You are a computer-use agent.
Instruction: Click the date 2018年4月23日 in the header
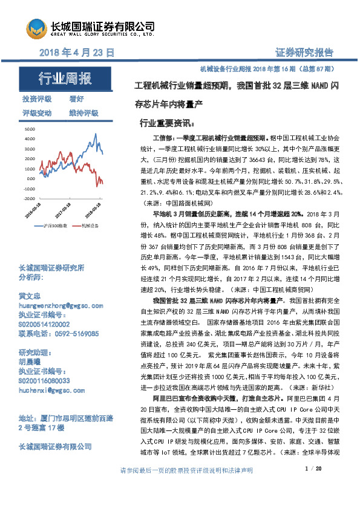(x=77, y=53)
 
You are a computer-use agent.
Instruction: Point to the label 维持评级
(x=83, y=113)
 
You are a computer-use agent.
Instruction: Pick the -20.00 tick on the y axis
(x=28, y=198)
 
